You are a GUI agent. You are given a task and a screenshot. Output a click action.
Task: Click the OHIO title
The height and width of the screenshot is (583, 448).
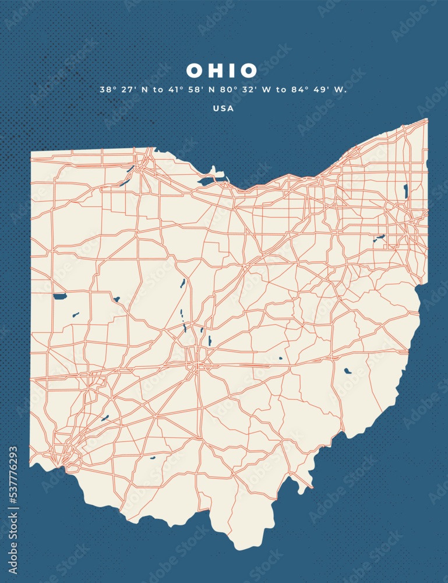click(x=222, y=71)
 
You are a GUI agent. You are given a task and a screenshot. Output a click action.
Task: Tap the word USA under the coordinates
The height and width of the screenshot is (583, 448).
click(x=223, y=108)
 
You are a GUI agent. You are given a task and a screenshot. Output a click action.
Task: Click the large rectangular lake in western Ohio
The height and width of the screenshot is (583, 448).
click(x=59, y=296)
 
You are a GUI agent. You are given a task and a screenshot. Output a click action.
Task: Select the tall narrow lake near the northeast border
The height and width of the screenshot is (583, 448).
click(x=405, y=191)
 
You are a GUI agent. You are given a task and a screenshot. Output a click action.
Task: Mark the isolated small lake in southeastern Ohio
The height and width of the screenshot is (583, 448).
click(x=347, y=370)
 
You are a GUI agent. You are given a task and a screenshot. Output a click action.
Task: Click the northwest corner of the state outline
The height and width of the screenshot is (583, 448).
click(x=31, y=153)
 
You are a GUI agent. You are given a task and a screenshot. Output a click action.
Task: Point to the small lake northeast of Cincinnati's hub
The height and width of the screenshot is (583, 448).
click(x=105, y=417)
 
